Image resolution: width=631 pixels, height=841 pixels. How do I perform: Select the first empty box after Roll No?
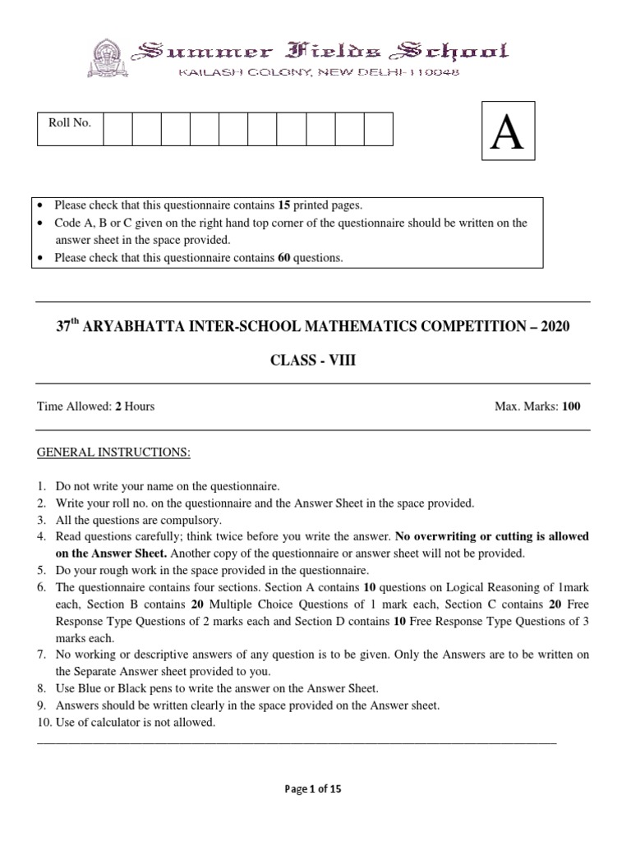[117, 130]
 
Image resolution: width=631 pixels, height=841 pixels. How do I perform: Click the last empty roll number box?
[378, 130]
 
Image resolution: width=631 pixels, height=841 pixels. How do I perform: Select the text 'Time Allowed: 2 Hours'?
[96, 407]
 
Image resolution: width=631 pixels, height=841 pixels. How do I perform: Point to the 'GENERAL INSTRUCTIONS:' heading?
[114, 453]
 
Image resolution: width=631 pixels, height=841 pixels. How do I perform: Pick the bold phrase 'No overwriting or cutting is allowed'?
[492, 536]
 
